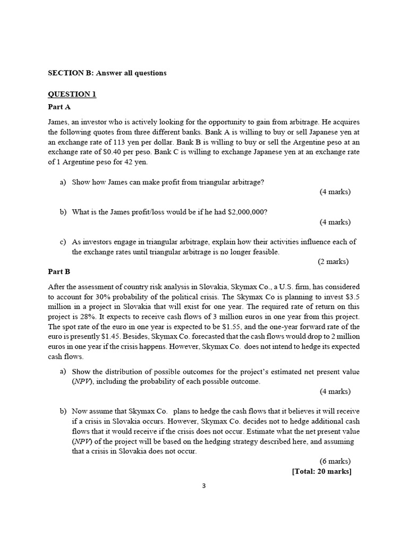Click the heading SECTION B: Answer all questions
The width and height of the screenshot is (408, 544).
coord(107,73)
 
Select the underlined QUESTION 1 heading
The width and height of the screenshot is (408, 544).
coord(72,94)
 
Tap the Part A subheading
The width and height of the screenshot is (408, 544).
coord(59,107)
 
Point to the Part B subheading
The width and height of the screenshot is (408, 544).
coord(59,271)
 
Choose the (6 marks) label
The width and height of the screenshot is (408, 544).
coord(335,461)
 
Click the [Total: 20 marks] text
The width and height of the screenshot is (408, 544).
coord(322,471)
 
